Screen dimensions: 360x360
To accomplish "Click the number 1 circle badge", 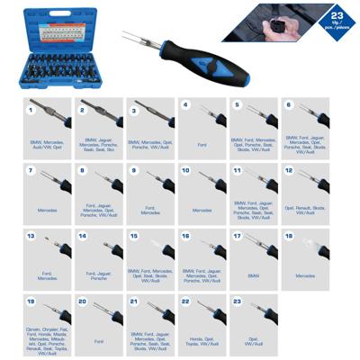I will click(30, 111).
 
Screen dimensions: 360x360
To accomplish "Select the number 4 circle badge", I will click(186, 104).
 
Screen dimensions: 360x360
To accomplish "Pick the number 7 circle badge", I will click(30, 169).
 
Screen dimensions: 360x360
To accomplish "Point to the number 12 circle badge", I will click(289, 169).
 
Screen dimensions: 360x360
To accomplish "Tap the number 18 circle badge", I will click(289, 236).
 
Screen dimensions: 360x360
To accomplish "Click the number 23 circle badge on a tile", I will click(238, 301).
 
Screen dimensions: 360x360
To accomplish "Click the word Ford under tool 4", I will click(202, 143).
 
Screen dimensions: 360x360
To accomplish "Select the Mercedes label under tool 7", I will click(47, 211).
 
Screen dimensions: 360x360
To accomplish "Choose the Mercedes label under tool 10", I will click(202, 211).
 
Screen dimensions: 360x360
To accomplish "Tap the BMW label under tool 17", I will click(253, 276).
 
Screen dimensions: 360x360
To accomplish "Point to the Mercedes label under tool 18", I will click(305, 276).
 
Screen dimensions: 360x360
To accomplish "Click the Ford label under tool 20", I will click(98, 342).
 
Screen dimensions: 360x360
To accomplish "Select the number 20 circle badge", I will click(82, 301).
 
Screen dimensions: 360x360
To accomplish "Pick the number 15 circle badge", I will click(134, 236).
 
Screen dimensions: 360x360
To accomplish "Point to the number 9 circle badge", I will click(134, 169).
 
